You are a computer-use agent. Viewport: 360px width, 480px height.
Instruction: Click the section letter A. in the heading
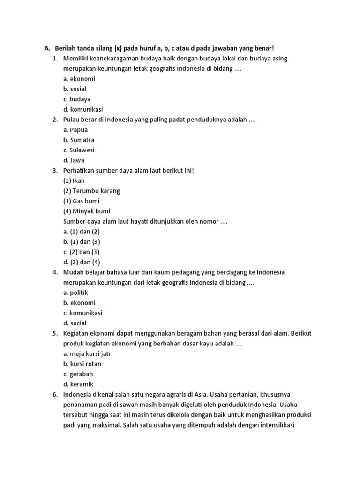46,48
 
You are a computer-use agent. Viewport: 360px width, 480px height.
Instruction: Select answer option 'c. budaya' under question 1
77,99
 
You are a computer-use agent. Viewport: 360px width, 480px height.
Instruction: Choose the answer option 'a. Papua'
75,130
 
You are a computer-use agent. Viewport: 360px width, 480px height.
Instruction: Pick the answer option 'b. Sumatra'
79,140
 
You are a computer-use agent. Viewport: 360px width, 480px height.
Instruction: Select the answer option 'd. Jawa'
74,160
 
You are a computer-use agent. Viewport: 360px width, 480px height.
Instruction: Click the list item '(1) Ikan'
74,180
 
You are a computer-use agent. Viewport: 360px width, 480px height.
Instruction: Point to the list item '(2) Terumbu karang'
91,191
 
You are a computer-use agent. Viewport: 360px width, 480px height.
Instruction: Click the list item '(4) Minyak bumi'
87,211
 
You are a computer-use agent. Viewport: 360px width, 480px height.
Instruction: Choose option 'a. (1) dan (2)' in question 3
82,232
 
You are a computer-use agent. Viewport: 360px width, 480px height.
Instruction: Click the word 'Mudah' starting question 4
73,272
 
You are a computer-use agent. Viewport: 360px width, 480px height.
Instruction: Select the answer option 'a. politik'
75,292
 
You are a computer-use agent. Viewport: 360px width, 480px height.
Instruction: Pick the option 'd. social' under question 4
75,323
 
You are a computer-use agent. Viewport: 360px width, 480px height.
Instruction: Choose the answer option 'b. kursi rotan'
82,364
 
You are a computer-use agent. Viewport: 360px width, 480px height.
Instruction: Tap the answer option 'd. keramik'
78,384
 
